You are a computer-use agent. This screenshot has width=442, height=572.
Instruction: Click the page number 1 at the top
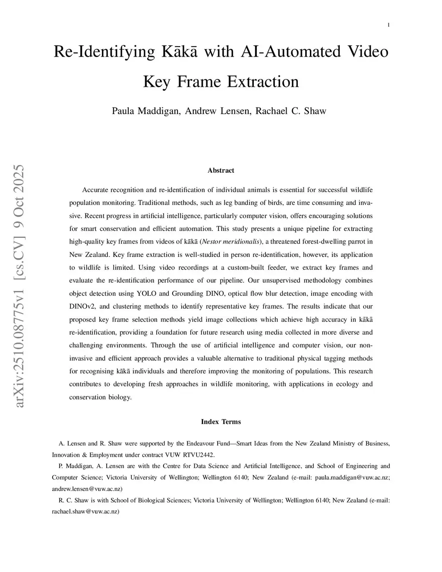point(389,25)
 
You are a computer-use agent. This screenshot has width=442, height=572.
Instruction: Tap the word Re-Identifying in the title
point(104,52)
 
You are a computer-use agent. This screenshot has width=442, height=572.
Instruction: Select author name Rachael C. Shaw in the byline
point(290,111)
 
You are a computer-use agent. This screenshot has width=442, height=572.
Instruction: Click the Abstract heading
point(221,171)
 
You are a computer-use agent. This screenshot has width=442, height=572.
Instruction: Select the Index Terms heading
point(221,422)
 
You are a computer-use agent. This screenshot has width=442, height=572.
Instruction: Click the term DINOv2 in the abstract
point(82,307)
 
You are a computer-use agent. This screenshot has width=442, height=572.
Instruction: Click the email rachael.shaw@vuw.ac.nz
point(85,512)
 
